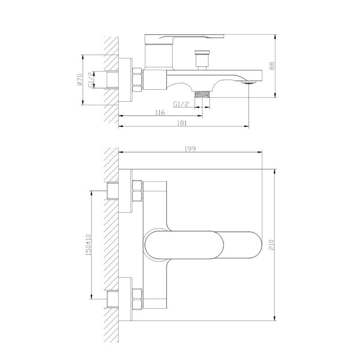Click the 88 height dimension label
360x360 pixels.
[272, 66]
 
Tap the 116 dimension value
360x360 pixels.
[160, 112]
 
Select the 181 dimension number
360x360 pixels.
[182, 123]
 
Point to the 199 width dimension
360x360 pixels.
[190, 149]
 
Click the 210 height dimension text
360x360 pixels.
[271, 245]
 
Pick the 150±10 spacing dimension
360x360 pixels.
[88, 245]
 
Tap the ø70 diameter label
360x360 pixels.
[79, 80]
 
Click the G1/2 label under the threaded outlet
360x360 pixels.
[181, 104]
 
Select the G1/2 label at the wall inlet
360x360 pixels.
[91, 80]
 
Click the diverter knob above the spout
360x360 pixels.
[202, 60]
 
